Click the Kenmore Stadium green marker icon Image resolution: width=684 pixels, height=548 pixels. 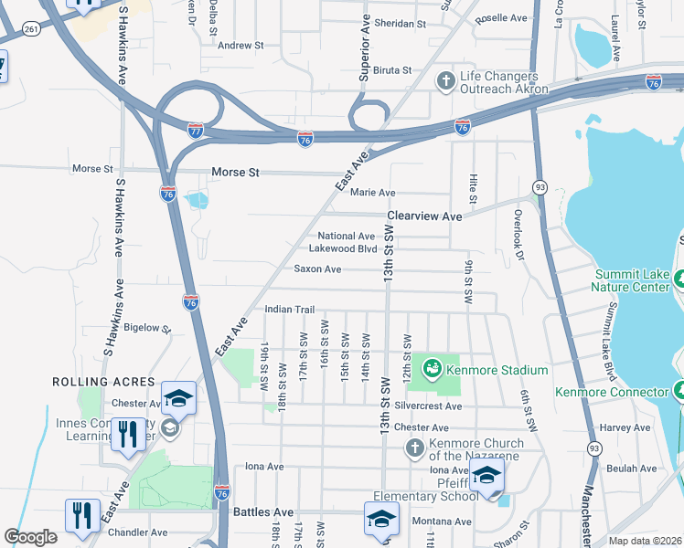pos(431,370)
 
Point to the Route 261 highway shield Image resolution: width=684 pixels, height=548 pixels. pos(31,29)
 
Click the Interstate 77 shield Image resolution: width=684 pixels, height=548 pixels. pos(195,130)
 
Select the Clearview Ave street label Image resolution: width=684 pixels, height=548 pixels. pos(424,216)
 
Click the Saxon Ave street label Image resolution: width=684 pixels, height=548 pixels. pos(317,269)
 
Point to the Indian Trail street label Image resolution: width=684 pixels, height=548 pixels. pos(289,310)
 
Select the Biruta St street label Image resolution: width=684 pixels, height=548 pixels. pos(393,69)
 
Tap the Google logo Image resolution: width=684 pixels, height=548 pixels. pos(30,537)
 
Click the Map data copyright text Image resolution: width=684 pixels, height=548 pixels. pos(645,541)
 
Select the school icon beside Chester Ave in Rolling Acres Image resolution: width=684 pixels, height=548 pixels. pos(178,399)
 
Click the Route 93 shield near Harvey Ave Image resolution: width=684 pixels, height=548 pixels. pos(593,448)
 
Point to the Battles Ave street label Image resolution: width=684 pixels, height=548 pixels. pos(263,513)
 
